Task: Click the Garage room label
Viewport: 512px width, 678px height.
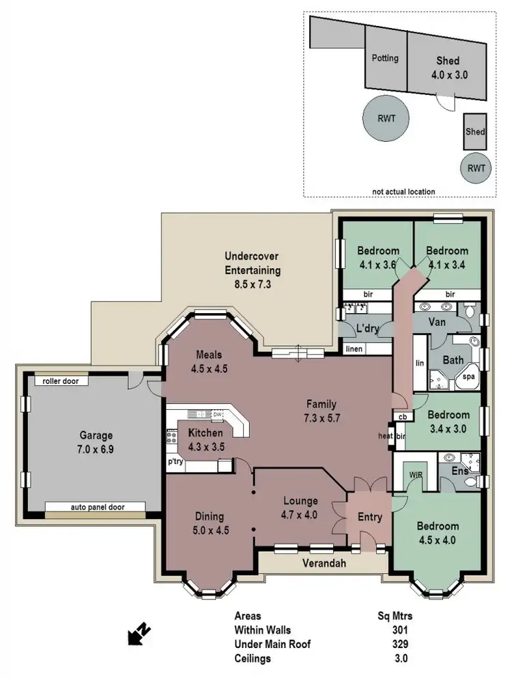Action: tap(95, 435)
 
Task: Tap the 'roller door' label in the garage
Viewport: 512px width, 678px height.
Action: tap(61, 381)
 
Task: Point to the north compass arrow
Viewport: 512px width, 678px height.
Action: tap(139, 634)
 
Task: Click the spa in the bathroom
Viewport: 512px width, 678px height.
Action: tap(469, 376)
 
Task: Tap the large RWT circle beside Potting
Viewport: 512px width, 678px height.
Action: tap(386, 117)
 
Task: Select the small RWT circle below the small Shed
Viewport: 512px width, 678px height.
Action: tap(476, 167)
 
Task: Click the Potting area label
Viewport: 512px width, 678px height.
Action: tap(385, 58)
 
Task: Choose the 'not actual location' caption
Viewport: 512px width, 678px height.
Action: tap(404, 192)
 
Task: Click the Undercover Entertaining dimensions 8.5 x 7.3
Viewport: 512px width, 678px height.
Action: tap(253, 284)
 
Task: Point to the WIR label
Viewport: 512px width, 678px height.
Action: tap(416, 473)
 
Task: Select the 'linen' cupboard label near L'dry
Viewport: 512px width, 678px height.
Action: tap(355, 349)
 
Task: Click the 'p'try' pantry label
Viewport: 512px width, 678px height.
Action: tap(175, 462)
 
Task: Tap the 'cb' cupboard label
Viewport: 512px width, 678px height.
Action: tap(402, 417)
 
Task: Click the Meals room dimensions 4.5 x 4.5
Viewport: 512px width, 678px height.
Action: tap(210, 369)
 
